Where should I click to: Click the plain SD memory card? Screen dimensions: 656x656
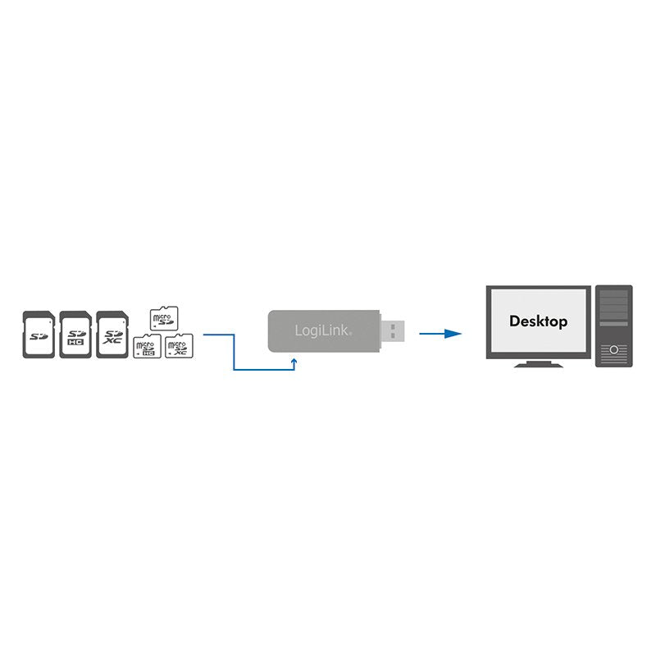38,333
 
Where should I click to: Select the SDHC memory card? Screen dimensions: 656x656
74,333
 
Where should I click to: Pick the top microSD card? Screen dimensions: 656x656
163,318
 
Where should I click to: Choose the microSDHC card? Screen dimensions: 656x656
147,346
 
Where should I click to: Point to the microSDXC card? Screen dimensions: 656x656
177,346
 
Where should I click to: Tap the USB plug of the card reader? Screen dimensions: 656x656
393,330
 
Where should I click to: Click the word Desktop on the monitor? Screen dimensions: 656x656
538,321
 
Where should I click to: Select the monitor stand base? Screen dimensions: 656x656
538,363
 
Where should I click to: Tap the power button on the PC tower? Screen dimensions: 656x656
613,350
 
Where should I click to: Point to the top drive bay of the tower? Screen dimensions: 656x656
613,295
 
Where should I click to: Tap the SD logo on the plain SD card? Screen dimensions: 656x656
38,335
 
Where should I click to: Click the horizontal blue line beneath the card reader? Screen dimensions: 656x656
264,370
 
